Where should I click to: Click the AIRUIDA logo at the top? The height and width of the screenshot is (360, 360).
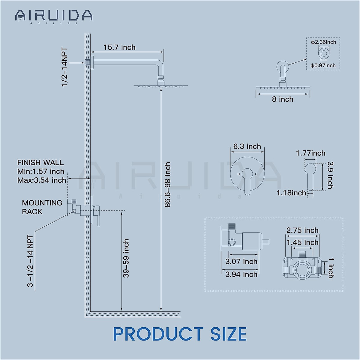pos(54,16)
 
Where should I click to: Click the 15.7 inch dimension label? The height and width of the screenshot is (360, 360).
pos(119,47)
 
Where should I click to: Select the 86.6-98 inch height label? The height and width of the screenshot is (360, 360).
pos(168,184)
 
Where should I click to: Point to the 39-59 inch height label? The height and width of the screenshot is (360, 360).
pos(126,258)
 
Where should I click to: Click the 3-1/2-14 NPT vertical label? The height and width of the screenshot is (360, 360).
pos(30,261)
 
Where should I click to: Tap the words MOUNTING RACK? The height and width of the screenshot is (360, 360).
pos(42,207)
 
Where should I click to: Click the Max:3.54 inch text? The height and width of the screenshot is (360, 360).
pos(42,180)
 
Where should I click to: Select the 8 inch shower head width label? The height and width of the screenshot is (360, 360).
pos(283,99)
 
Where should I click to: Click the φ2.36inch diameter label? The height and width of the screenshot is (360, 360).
pos(323,42)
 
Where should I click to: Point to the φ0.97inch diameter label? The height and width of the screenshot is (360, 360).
pos(323,65)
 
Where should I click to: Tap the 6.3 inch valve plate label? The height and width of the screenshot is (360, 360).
pos(247,146)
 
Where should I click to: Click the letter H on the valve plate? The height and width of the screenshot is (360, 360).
pos(239,174)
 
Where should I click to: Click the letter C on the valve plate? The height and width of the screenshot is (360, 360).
pos(256,174)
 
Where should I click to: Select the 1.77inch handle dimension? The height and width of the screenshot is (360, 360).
pos(310,153)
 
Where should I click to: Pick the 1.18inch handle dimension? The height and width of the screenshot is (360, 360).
pos(291,193)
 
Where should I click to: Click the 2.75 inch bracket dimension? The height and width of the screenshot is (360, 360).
pos(302,230)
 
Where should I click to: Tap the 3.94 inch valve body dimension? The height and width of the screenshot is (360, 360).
pos(241,274)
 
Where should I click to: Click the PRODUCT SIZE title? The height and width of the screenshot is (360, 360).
pos(180,334)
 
